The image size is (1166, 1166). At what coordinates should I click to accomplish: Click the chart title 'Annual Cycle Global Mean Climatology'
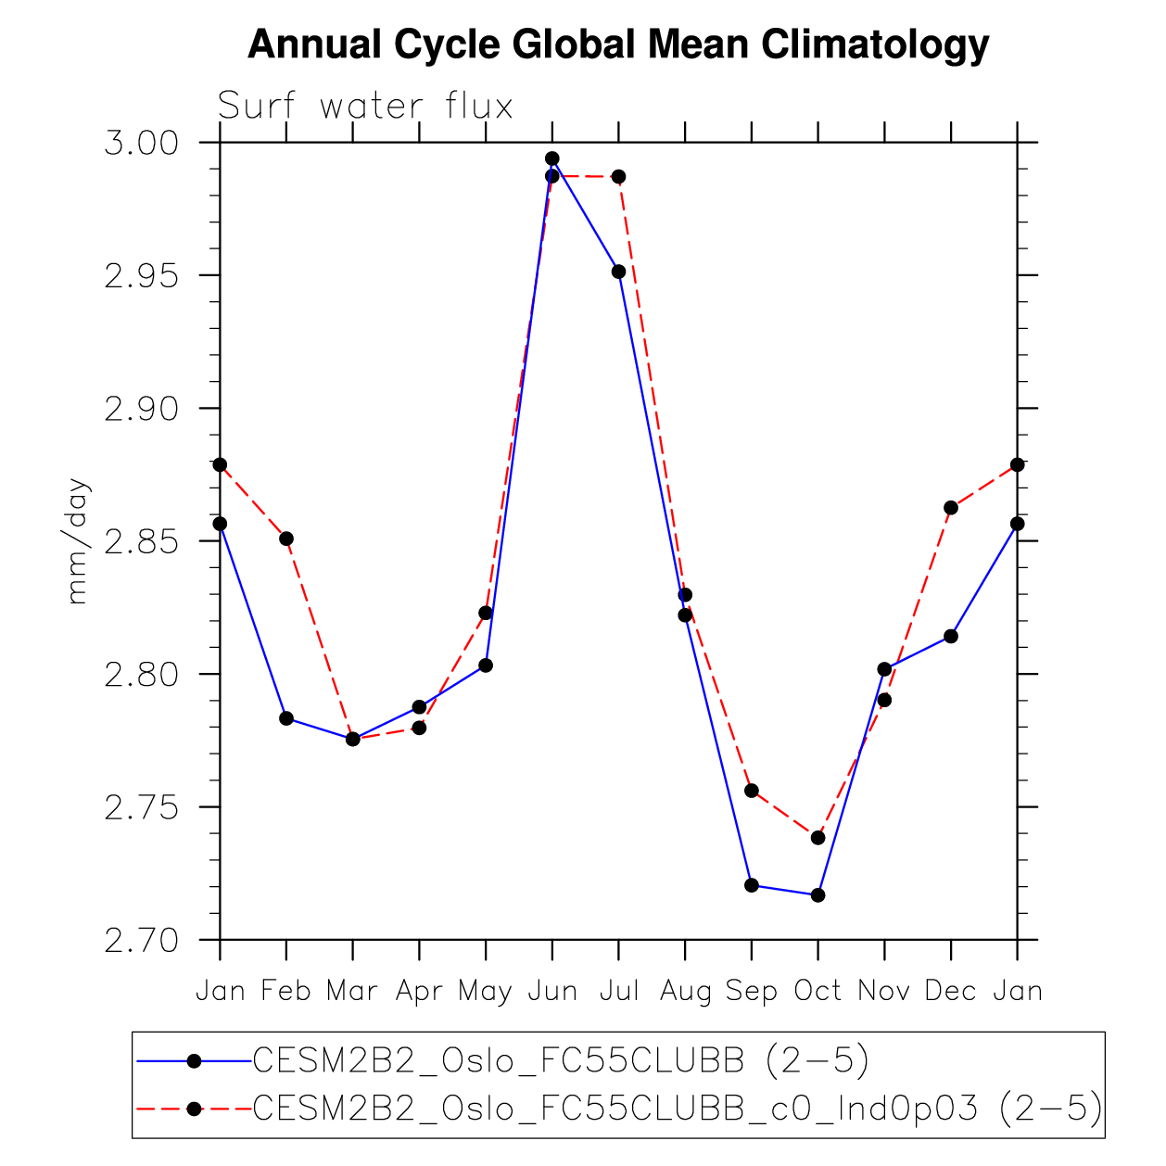pyautogui.click(x=618, y=44)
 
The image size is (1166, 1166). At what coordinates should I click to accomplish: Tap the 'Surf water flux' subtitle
pyautogui.click(x=365, y=107)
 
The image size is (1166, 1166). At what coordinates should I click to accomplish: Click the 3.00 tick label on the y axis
pyautogui.click(x=141, y=144)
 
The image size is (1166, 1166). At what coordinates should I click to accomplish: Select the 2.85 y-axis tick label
pyautogui.click(x=141, y=541)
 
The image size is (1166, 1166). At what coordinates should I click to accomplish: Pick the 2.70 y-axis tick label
pyautogui.click(x=141, y=940)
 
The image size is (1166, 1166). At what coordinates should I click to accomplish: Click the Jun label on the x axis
pyautogui.click(x=552, y=991)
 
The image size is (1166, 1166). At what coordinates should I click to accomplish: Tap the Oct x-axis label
pyautogui.click(x=817, y=991)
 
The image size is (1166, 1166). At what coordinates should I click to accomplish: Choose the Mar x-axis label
pyautogui.click(x=352, y=991)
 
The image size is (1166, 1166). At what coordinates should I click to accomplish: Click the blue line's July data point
pyautogui.click(x=618, y=272)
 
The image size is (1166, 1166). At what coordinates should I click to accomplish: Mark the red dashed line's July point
pyautogui.click(x=618, y=176)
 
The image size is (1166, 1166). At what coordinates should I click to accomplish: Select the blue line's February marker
pyautogui.click(x=286, y=718)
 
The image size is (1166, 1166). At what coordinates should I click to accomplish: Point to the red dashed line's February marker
pyautogui.click(x=286, y=539)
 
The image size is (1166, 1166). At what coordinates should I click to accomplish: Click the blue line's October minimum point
pyautogui.click(x=817, y=895)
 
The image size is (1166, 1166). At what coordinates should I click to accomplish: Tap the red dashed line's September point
pyautogui.click(x=752, y=791)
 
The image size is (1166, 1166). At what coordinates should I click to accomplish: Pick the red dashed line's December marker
pyautogui.click(x=951, y=508)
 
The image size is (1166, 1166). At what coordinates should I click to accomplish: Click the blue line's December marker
pyautogui.click(x=951, y=636)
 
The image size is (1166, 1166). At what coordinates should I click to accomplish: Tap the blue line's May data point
pyautogui.click(x=486, y=665)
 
